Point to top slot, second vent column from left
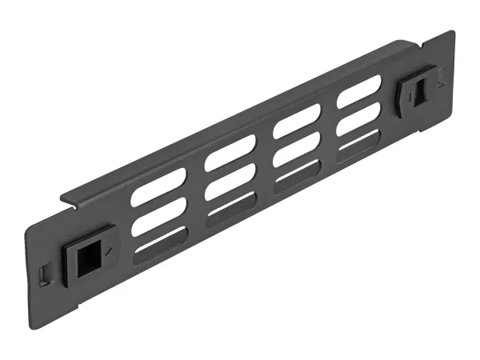click(230, 153)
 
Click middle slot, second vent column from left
click(230, 182)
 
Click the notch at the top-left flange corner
click(72, 202)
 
